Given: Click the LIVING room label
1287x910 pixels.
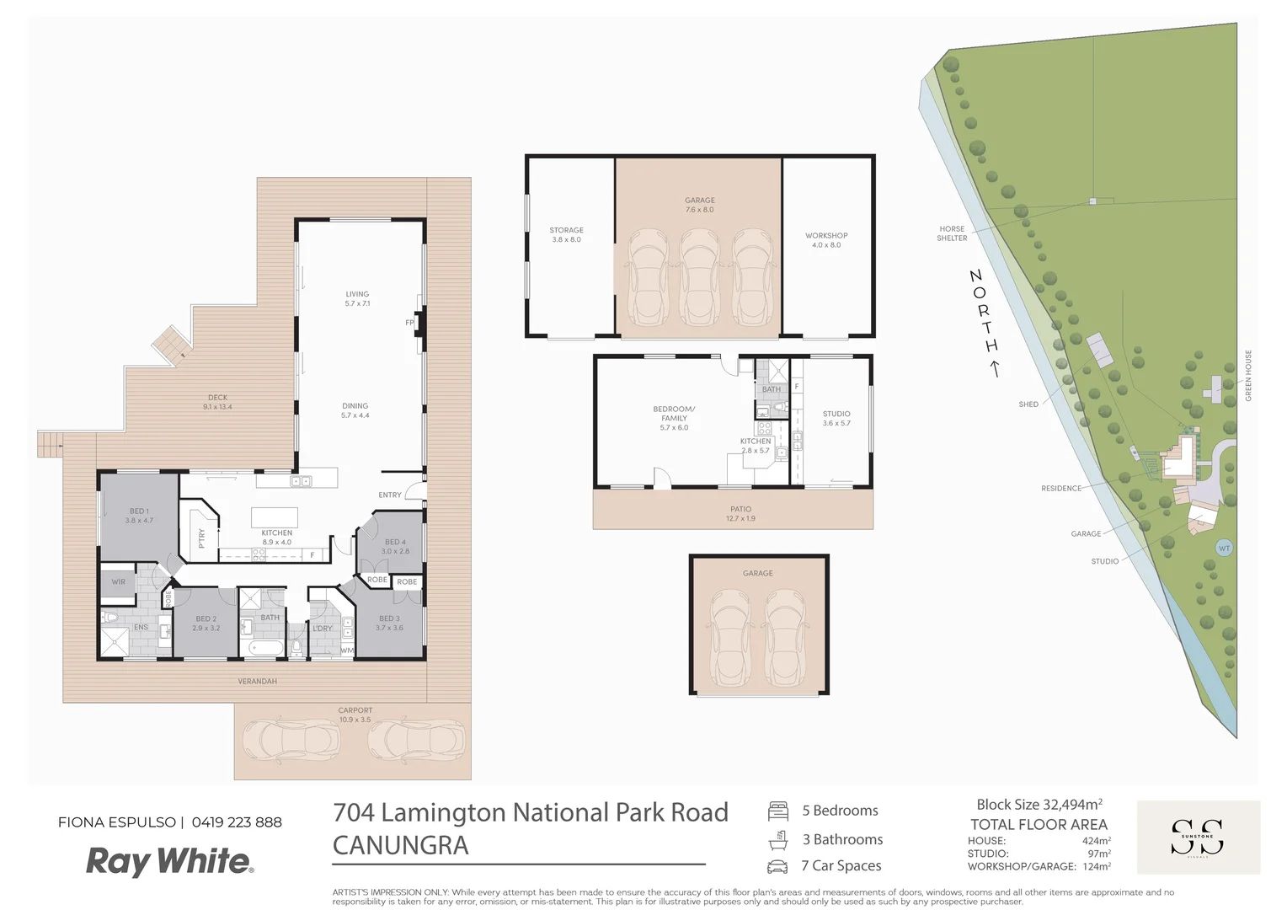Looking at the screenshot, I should pos(357,298).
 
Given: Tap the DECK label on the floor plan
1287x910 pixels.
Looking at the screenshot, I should pos(217,402).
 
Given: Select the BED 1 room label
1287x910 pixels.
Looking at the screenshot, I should pos(139,516).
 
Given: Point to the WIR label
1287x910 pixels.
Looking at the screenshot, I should pos(118,582).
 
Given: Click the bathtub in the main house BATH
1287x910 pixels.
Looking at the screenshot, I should pos(266,649).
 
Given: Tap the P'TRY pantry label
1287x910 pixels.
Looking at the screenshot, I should pos(201,538).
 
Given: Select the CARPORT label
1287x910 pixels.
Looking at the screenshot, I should pos(355,715).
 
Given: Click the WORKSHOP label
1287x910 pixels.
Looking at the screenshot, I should pos(825,240).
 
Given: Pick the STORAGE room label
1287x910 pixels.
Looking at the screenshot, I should pos(566,234).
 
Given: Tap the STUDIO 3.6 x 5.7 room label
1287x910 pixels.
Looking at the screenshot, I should pos(836,418).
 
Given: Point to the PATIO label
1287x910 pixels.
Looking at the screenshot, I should pos(740,513).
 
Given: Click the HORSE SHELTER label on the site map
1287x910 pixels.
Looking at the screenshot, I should pos(952,233).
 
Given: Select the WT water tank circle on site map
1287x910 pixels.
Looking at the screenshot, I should pos(1224,549).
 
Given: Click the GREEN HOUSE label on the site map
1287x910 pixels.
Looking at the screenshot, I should pos(1248,375).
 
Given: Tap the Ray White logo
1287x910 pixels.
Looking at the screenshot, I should pos(169,861).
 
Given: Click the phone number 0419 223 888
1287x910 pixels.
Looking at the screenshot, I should pos(237,822).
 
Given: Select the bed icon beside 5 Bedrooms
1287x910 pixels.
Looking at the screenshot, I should pos(777,811).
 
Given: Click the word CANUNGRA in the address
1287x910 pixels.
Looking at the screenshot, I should pos(400,845).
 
